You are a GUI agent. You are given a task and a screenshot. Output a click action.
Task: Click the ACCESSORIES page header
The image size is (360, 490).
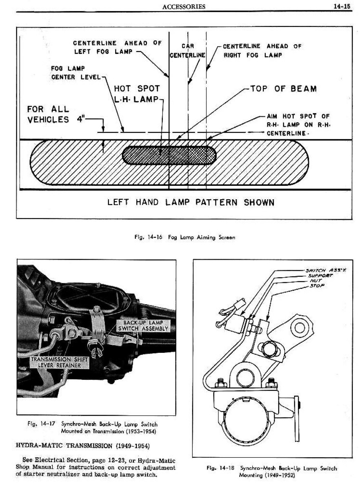(183, 6)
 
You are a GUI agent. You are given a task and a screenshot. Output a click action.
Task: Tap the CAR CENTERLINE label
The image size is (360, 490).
(187, 50)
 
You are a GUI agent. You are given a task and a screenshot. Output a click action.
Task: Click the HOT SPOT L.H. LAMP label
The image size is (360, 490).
(136, 94)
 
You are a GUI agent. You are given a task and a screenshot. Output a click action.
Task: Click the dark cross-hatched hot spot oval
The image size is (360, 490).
(170, 155)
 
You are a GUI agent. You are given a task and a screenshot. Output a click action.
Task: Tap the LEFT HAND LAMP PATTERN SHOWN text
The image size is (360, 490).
(191, 203)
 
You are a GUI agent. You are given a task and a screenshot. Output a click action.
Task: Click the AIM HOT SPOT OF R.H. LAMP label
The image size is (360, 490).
(297, 125)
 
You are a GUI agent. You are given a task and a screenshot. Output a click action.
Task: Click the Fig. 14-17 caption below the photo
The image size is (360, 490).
(93, 428)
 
